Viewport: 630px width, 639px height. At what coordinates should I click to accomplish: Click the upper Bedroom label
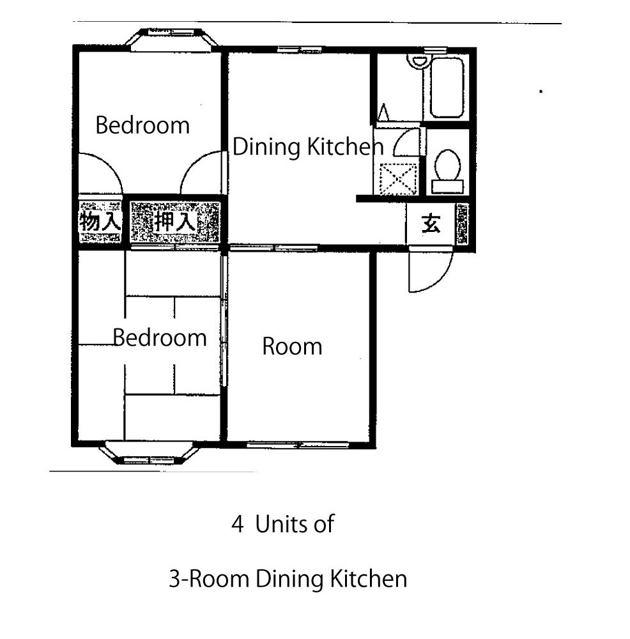[x=142, y=125]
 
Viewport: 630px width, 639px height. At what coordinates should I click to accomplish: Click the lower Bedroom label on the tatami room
[x=160, y=338]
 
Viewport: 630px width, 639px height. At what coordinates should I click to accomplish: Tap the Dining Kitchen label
[x=308, y=147]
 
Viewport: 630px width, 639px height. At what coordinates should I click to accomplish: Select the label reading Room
[x=292, y=346]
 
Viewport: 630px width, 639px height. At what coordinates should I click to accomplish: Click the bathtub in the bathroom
[x=447, y=88]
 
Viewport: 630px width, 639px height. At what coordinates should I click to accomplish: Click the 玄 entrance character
[x=431, y=223]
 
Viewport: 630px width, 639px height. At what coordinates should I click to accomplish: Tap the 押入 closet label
[x=175, y=222]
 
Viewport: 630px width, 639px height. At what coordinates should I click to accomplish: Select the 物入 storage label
[x=100, y=222]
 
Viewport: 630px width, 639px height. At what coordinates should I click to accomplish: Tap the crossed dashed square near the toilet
[x=398, y=180]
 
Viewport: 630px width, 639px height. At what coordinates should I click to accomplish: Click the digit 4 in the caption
[x=238, y=524]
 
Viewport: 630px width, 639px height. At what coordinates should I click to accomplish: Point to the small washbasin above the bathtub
[x=418, y=61]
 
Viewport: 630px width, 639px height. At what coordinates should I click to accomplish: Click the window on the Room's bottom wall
[x=298, y=445]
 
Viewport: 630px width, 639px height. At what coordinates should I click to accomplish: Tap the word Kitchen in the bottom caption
[x=369, y=579]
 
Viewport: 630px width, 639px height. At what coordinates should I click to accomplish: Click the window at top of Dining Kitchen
[x=300, y=50]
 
